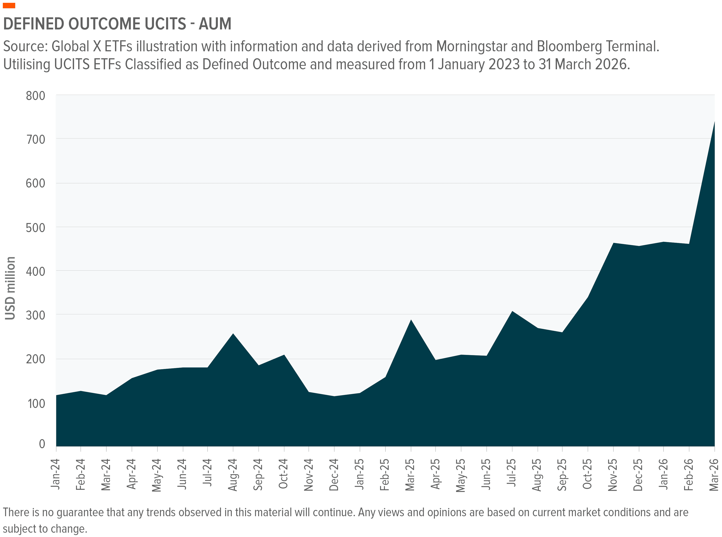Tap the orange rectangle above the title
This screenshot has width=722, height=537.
point(9,6)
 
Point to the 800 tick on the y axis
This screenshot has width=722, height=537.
point(36,96)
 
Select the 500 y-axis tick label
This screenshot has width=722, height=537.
point(36,228)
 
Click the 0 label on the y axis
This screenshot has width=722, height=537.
point(42,444)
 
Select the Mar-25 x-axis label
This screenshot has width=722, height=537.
point(410,475)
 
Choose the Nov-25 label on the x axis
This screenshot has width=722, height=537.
point(613,475)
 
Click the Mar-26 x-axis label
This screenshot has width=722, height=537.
point(714,475)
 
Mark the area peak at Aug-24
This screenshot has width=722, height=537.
point(233,334)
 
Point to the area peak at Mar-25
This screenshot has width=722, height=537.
point(411,320)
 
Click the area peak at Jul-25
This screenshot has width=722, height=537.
point(512,311)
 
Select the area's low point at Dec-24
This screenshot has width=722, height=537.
point(334,396)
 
